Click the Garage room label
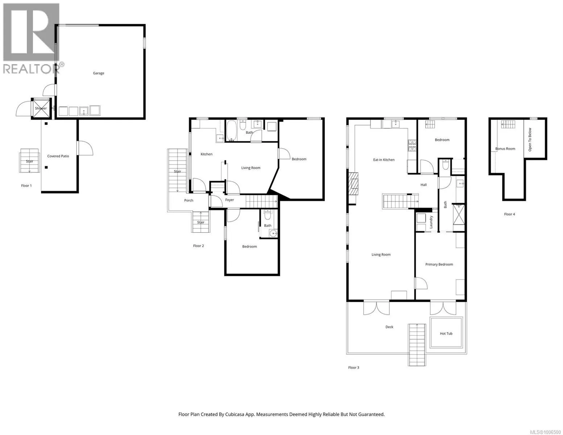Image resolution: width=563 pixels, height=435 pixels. click(x=99, y=73)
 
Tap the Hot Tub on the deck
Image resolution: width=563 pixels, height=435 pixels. click(x=446, y=333)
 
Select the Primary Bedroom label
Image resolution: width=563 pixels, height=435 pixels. click(x=439, y=264)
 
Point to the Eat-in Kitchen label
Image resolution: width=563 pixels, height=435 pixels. click(x=384, y=160)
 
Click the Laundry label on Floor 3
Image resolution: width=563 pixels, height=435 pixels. click(x=431, y=222)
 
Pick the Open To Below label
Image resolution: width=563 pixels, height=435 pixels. click(x=530, y=140)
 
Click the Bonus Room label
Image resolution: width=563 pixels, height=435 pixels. click(x=505, y=149)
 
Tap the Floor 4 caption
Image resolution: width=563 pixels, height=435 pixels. click(x=509, y=214)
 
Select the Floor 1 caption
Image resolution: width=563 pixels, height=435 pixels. click(x=26, y=186)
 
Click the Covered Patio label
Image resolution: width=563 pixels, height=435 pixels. click(x=58, y=156)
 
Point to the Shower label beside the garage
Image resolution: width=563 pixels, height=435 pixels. click(x=41, y=108)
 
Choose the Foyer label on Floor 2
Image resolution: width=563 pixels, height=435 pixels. click(x=229, y=200)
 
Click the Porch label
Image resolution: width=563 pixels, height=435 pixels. click(x=189, y=200)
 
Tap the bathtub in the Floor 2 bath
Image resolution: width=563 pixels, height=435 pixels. click(x=231, y=130)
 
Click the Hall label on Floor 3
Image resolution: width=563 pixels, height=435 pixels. click(x=423, y=185)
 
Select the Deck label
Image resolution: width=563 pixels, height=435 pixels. click(x=389, y=327)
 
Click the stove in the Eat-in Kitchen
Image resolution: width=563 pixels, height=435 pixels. click(x=412, y=146)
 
